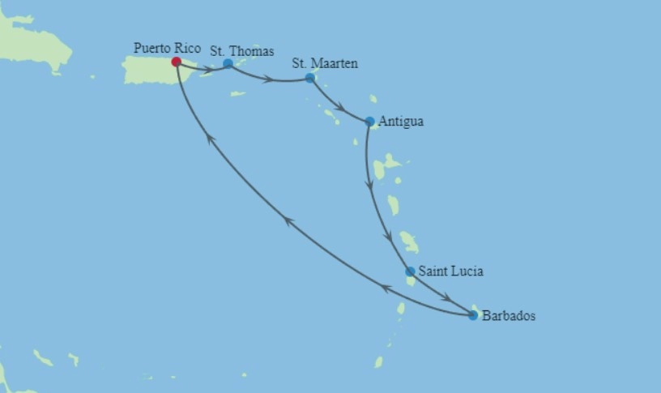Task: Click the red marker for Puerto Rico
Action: (x=177, y=62)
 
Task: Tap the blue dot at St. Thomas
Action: (x=228, y=63)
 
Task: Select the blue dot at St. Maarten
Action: (x=309, y=78)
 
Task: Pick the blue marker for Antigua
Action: (x=370, y=122)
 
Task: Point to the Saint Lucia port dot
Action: (x=411, y=271)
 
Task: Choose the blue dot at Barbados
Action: (x=473, y=315)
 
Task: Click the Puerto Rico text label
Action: (x=167, y=49)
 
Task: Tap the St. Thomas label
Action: (x=242, y=51)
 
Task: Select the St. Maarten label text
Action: (x=326, y=63)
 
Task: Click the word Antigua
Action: (x=401, y=122)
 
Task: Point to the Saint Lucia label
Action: (x=450, y=271)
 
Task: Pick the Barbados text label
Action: (x=509, y=316)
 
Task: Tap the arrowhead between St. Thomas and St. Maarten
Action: (x=267, y=79)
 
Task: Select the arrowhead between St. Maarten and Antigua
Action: (x=341, y=108)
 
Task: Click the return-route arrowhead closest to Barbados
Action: (x=386, y=288)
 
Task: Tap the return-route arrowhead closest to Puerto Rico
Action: (x=210, y=139)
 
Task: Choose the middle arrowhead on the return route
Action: (x=288, y=220)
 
